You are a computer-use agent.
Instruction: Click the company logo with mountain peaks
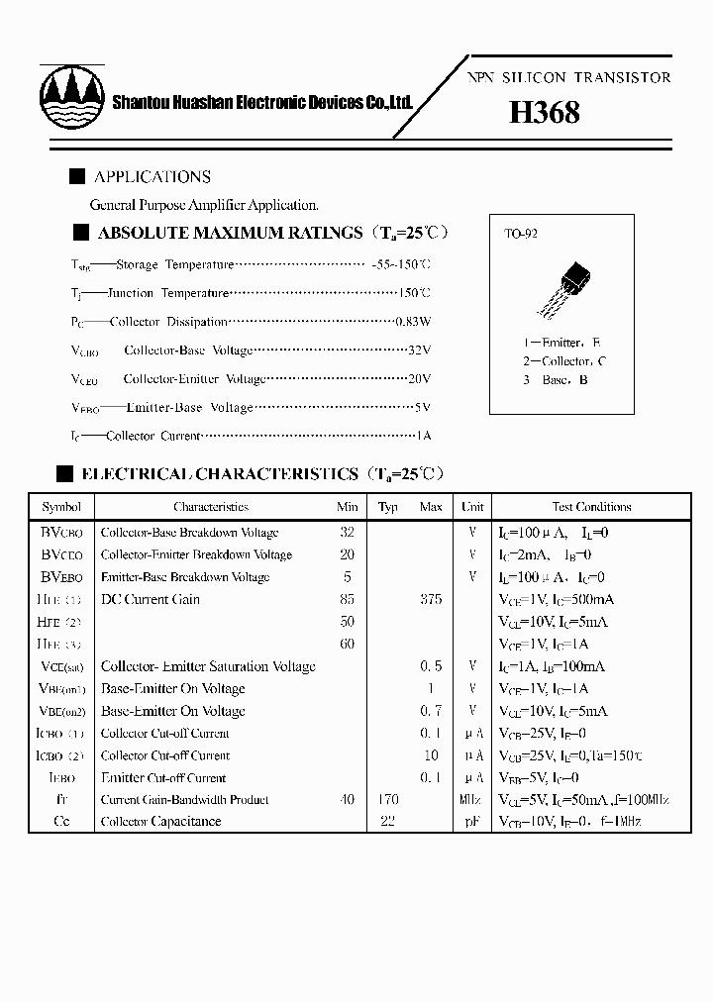click(x=72, y=96)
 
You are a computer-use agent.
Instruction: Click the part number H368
click(x=544, y=113)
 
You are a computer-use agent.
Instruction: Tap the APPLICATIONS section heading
click(x=152, y=177)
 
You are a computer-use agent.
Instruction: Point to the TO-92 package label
click(x=521, y=235)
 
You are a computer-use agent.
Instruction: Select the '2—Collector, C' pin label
click(x=564, y=361)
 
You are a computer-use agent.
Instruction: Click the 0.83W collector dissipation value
click(x=413, y=322)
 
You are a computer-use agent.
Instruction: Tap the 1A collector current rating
click(x=423, y=436)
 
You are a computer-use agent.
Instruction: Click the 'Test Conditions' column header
click(x=591, y=507)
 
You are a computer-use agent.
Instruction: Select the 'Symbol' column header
click(x=61, y=507)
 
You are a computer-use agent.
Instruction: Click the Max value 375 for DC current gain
click(x=431, y=599)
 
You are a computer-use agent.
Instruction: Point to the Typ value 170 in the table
click(x=388, y=799)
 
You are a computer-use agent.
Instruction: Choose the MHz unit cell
click(x=472, y=799)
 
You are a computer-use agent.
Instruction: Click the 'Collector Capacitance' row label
click(x=160, y=822)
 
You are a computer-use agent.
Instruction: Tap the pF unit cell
click(x=472, y=822)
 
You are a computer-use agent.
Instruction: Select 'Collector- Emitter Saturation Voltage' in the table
click(x=208, y=666)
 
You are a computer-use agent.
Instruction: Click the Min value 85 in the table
click(x=347, y=599)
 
